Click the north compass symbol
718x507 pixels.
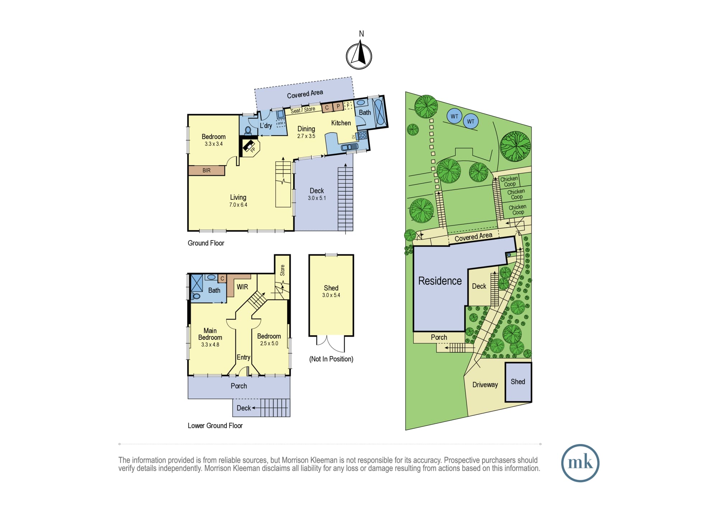tap(359, 56)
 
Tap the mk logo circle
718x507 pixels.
tap(580, 463)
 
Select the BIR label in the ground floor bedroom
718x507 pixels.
tap(206, 170)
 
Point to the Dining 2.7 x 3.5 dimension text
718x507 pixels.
tap(306, 136)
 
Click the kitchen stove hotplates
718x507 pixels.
tap(362, 135)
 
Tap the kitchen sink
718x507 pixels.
tap(349, 147)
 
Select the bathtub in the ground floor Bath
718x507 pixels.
tap(379, 112)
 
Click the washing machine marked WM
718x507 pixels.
tap(280, 123)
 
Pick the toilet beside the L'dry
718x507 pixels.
tap(248, 130)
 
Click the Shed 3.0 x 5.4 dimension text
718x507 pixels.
tap(331, 295)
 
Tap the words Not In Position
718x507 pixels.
tap(331, 359)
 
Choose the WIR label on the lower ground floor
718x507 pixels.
tap(242, 287)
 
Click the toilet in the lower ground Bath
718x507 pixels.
tap(196, 296)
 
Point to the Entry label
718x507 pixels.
tap(243, 357)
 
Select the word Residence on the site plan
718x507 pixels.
tap(440, 281)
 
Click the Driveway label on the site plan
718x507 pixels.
tap(485, 385)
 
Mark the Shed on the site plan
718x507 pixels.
tap(518, 382)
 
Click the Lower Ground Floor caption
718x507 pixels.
tap(215, 426)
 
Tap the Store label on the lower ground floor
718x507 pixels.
tap(283, 270)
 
